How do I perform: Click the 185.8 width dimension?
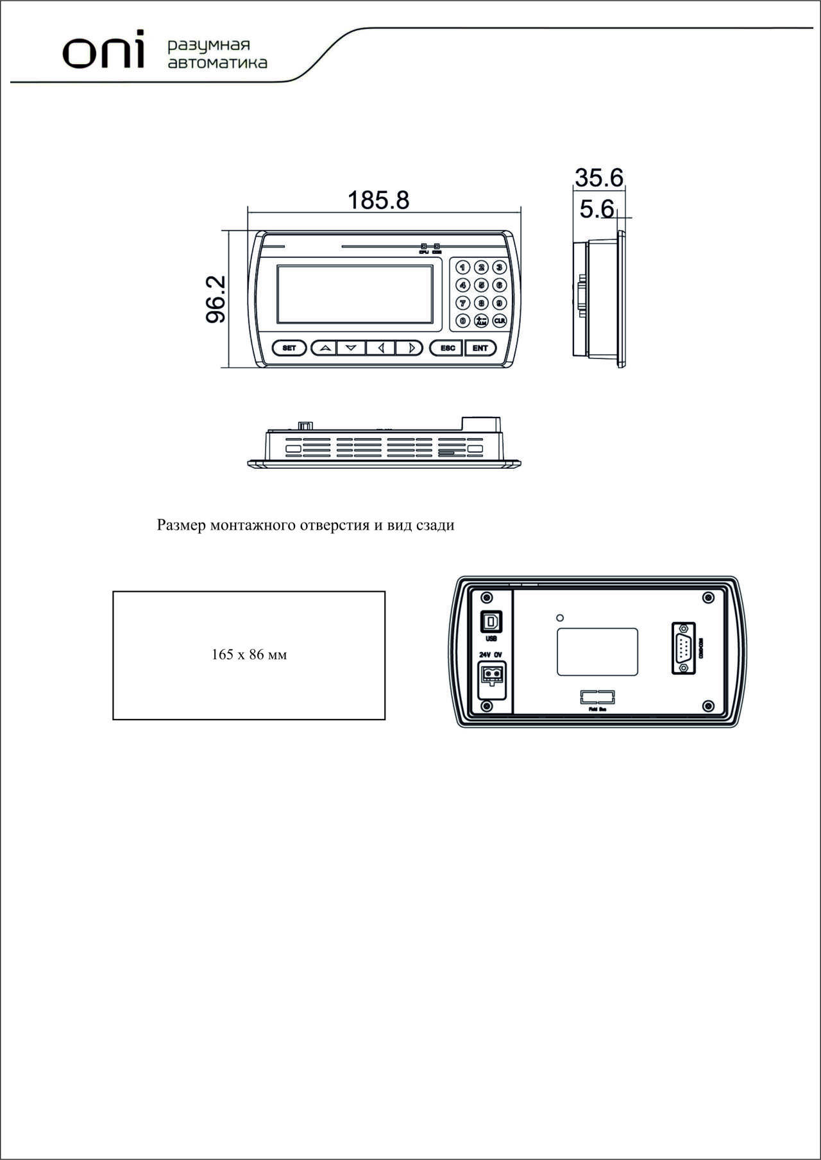[x=378, y=200]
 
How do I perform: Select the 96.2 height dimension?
[x=216, y=299]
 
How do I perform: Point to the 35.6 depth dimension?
[x=598, y=178]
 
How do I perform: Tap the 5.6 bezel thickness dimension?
[x=597, y=209]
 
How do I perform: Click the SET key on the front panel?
[x=289, y=348]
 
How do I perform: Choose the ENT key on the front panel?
[x=480, y=348]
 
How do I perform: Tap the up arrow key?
[x=325, y=348]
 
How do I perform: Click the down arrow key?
[x=351, y=348]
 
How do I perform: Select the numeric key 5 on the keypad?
[x=481, y=285]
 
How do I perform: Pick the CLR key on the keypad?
[x=499, y=320]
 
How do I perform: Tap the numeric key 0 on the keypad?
[x=462, y=320]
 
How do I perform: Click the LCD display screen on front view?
[x=355, y=294]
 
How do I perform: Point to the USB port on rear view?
[x=491, y=621]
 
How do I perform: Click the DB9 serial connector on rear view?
[x=684, y=648]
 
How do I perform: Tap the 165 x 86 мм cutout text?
[x=249, y=655]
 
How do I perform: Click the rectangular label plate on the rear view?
[x=597, y=651]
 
